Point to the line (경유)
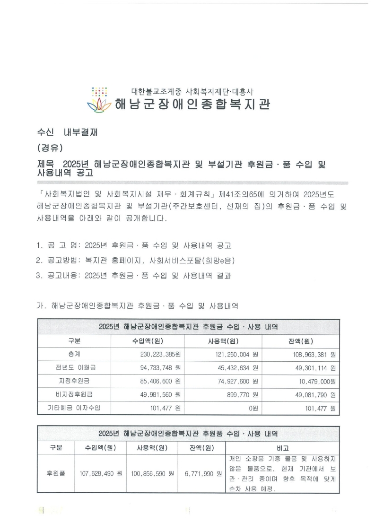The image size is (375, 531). click(49, 148)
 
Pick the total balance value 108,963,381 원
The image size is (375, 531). click(312, 354)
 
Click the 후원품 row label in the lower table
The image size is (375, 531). click(56, 473)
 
